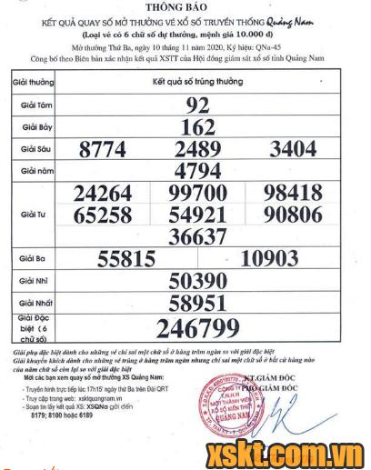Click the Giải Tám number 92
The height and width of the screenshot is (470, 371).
(x=197, y=105)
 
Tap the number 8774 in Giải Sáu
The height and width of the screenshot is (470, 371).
(x=109, y=148)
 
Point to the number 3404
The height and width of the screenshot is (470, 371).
(x=293, y=148)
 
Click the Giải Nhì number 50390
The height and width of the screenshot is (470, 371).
(x=197, y=281)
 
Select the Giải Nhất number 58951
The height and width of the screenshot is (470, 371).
(x=197, y=303)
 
